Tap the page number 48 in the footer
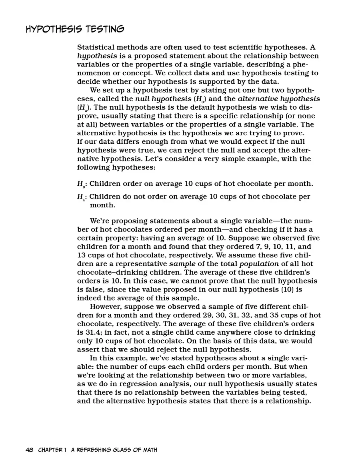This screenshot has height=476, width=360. point(29,450)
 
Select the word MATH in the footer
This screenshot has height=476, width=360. point(148,450)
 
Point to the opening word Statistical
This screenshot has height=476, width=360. point(97,47)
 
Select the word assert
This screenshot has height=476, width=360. point(87,349)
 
